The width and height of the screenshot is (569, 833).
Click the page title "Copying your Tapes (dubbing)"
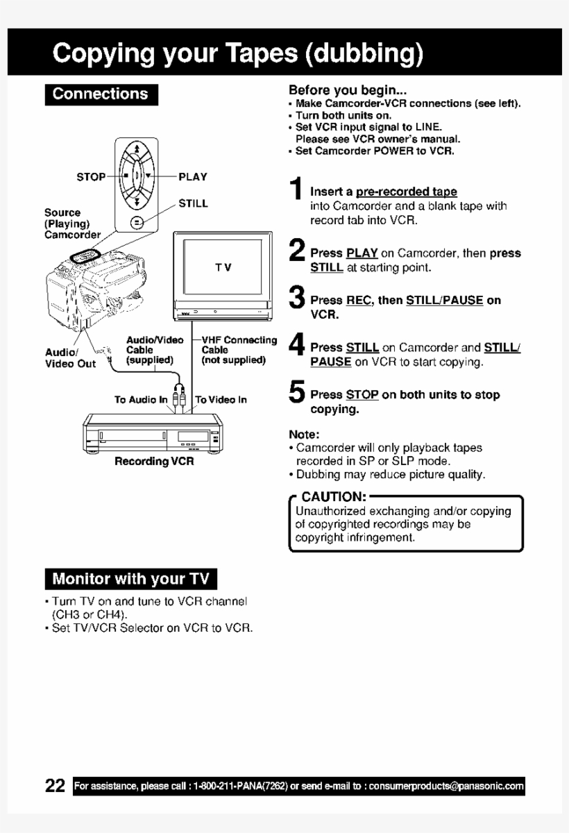click(237, 53)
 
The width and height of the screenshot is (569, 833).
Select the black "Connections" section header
click(101, 94)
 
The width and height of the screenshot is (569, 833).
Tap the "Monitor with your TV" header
click(130, 578)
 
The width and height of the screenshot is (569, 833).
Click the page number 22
click(55, 786)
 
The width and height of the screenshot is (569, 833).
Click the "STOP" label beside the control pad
click(90, 177)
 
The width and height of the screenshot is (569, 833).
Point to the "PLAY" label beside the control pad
click(193, 177)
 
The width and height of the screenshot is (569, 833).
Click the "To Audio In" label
click(141, 399)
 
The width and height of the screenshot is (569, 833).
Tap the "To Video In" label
click(221, 399)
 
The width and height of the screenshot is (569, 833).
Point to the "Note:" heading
click(303, 435)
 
